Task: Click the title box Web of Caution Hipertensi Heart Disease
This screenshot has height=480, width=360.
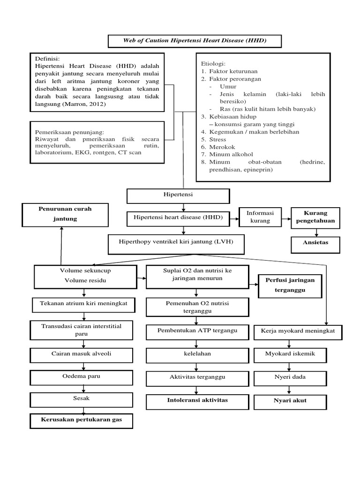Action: pos(195,41)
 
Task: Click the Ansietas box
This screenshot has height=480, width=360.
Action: pos(315,243)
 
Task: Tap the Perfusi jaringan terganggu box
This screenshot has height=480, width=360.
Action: pos(290,285)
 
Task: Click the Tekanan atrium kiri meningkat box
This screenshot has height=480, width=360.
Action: pos(83,305)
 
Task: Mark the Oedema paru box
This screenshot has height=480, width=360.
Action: pos(83,377)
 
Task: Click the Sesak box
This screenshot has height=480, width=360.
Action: pos(83,399)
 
